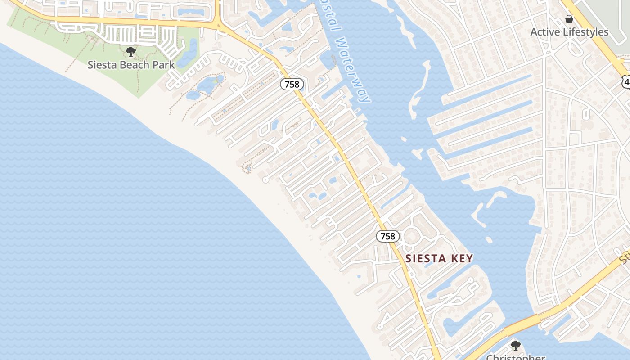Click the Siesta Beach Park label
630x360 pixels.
131,64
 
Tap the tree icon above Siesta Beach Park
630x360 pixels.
131,52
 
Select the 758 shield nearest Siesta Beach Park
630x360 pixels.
292,84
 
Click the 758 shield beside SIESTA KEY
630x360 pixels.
387,236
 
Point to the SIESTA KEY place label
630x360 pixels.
439,258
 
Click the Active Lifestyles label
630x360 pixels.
569,32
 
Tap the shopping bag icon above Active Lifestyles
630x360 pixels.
569,19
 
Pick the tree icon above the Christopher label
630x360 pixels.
515,346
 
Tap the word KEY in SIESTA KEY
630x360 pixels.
462,258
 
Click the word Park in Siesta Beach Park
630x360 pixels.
163,64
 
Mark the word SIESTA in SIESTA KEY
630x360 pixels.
426,258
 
